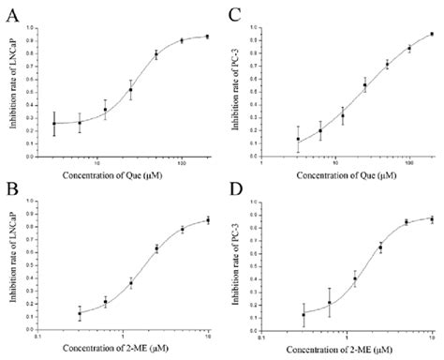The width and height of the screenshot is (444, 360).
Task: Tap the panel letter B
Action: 10,192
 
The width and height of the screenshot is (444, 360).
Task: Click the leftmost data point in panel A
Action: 54,124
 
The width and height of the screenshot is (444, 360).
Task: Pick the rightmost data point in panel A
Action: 207,37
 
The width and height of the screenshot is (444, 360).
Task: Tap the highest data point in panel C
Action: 432,34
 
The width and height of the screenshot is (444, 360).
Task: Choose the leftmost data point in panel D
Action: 303,314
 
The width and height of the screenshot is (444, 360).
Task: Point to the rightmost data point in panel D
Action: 431,218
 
